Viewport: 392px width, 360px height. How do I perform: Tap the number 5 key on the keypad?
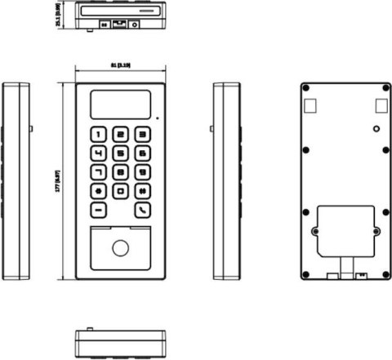coord(120,153)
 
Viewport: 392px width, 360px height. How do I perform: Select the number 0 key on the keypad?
coord(120,190)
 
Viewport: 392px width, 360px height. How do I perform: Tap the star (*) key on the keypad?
coord(99,190)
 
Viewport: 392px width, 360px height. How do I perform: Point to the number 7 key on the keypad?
coord(99,171)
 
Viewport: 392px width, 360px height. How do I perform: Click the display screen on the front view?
coord(119,104)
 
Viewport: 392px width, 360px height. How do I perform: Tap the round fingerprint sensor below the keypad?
coord(120,249)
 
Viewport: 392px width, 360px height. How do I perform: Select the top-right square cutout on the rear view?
coord(381,104)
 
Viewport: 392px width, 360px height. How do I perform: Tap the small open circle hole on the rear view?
coord(375,129)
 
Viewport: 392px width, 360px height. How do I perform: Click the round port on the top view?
coord(134,25)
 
